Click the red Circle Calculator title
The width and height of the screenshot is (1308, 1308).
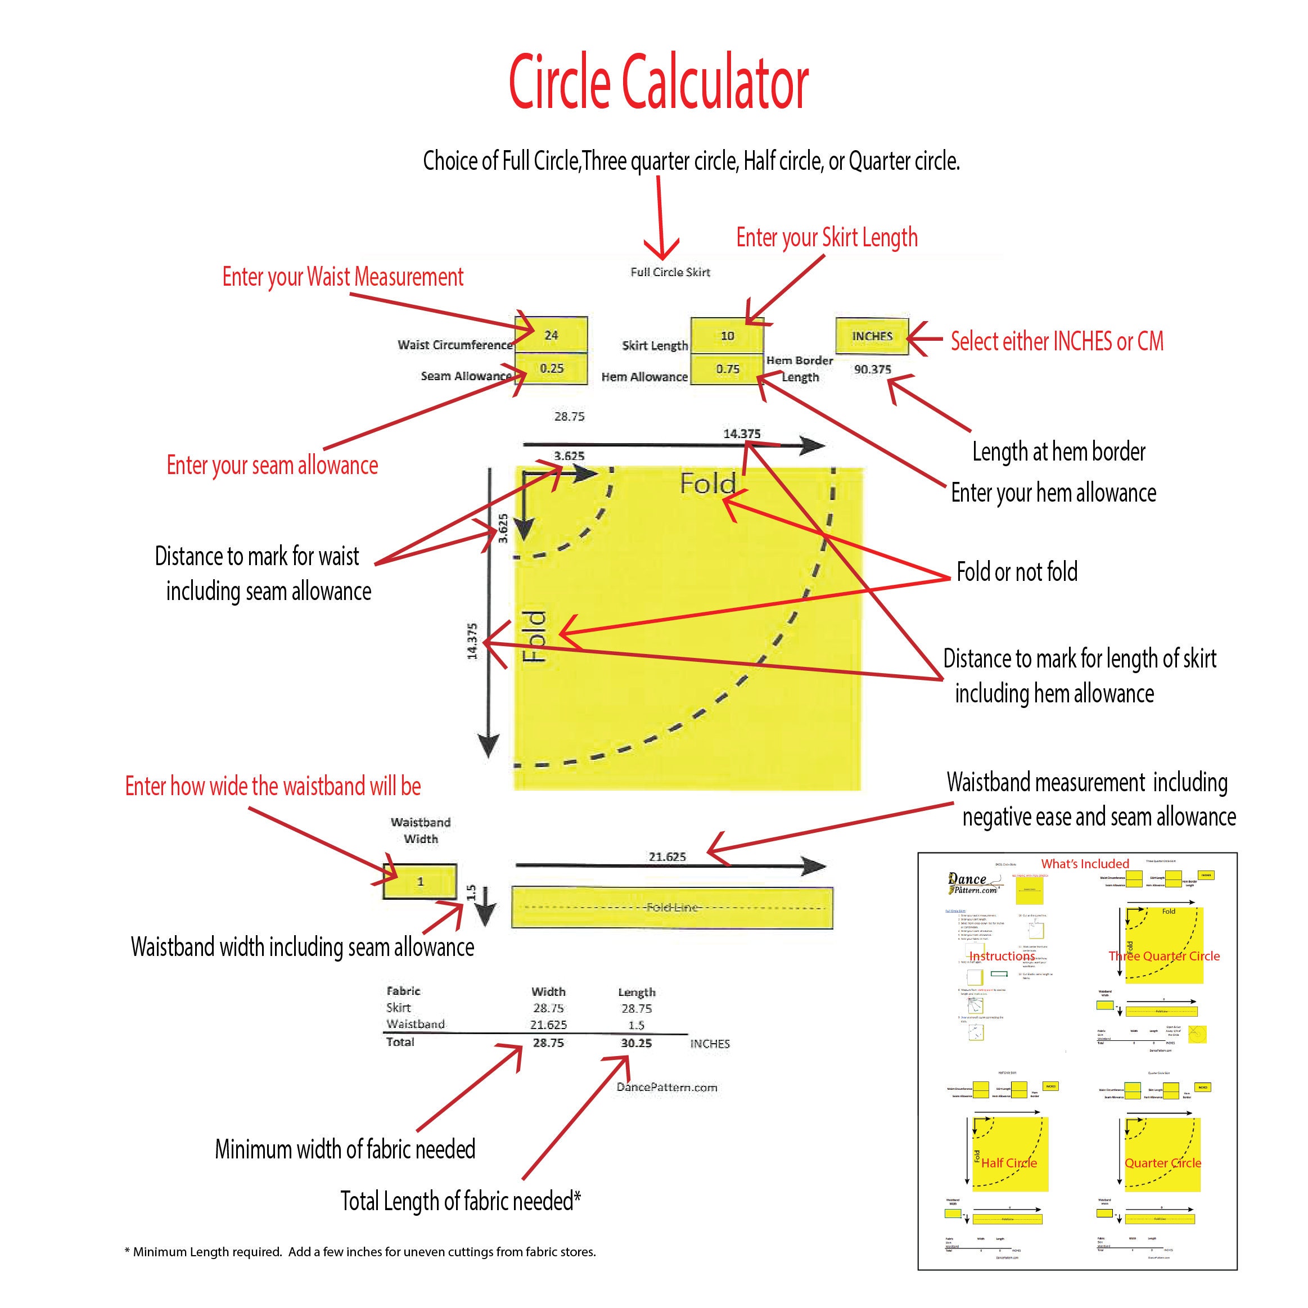[x=658, y=83]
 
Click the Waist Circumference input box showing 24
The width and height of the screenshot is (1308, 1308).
[x=551, y=335]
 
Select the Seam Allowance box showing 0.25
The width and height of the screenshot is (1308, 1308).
[x=551, y=368]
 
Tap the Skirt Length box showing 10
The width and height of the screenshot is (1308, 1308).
[x=727, y=336]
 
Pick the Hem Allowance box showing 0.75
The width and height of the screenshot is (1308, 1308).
[x=727, y=369]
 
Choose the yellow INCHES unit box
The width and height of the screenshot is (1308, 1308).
[x=872, y=336]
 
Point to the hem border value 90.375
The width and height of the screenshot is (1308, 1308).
[x=872, y=369]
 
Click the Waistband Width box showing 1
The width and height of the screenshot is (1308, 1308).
[x=420, y=882]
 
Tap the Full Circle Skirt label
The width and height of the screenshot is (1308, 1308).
[x=670, y=272]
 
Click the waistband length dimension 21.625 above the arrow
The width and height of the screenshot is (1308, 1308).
[x=667, y=856]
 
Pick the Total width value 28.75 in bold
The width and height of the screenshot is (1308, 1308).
[x=548, y=1043]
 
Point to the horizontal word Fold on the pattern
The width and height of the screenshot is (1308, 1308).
[x=707, y=484]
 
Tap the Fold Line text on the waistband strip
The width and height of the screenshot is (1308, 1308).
[x=671, y=907]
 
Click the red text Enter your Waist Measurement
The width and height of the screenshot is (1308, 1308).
[x=342, y=277]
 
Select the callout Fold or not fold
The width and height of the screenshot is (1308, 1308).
[x=1016, y=572]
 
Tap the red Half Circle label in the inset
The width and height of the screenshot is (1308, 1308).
[x=1009, y=1162]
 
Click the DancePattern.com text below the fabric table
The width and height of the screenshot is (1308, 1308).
[x=667, y=1088]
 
